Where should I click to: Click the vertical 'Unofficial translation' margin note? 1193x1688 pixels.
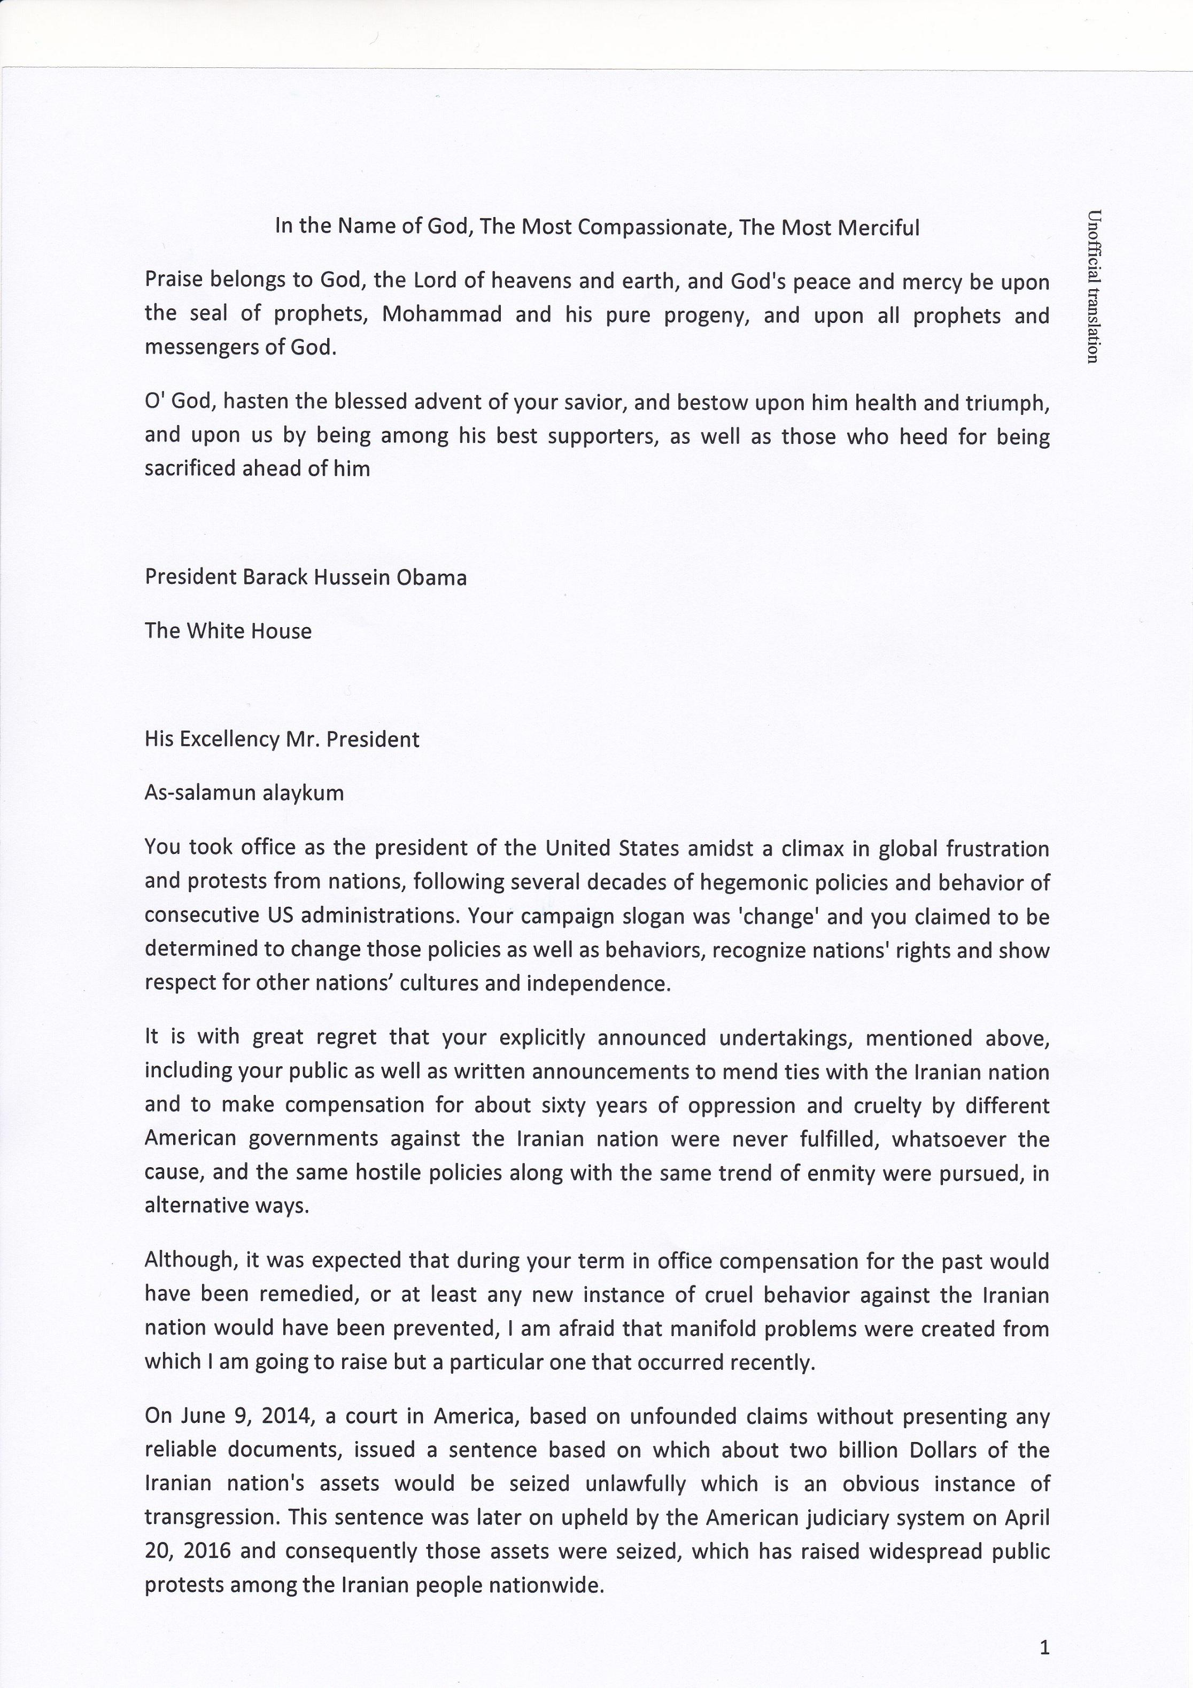pos(1093,287)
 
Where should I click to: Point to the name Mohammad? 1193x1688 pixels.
pos(442,314)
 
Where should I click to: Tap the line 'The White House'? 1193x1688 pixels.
pos(228,631)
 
